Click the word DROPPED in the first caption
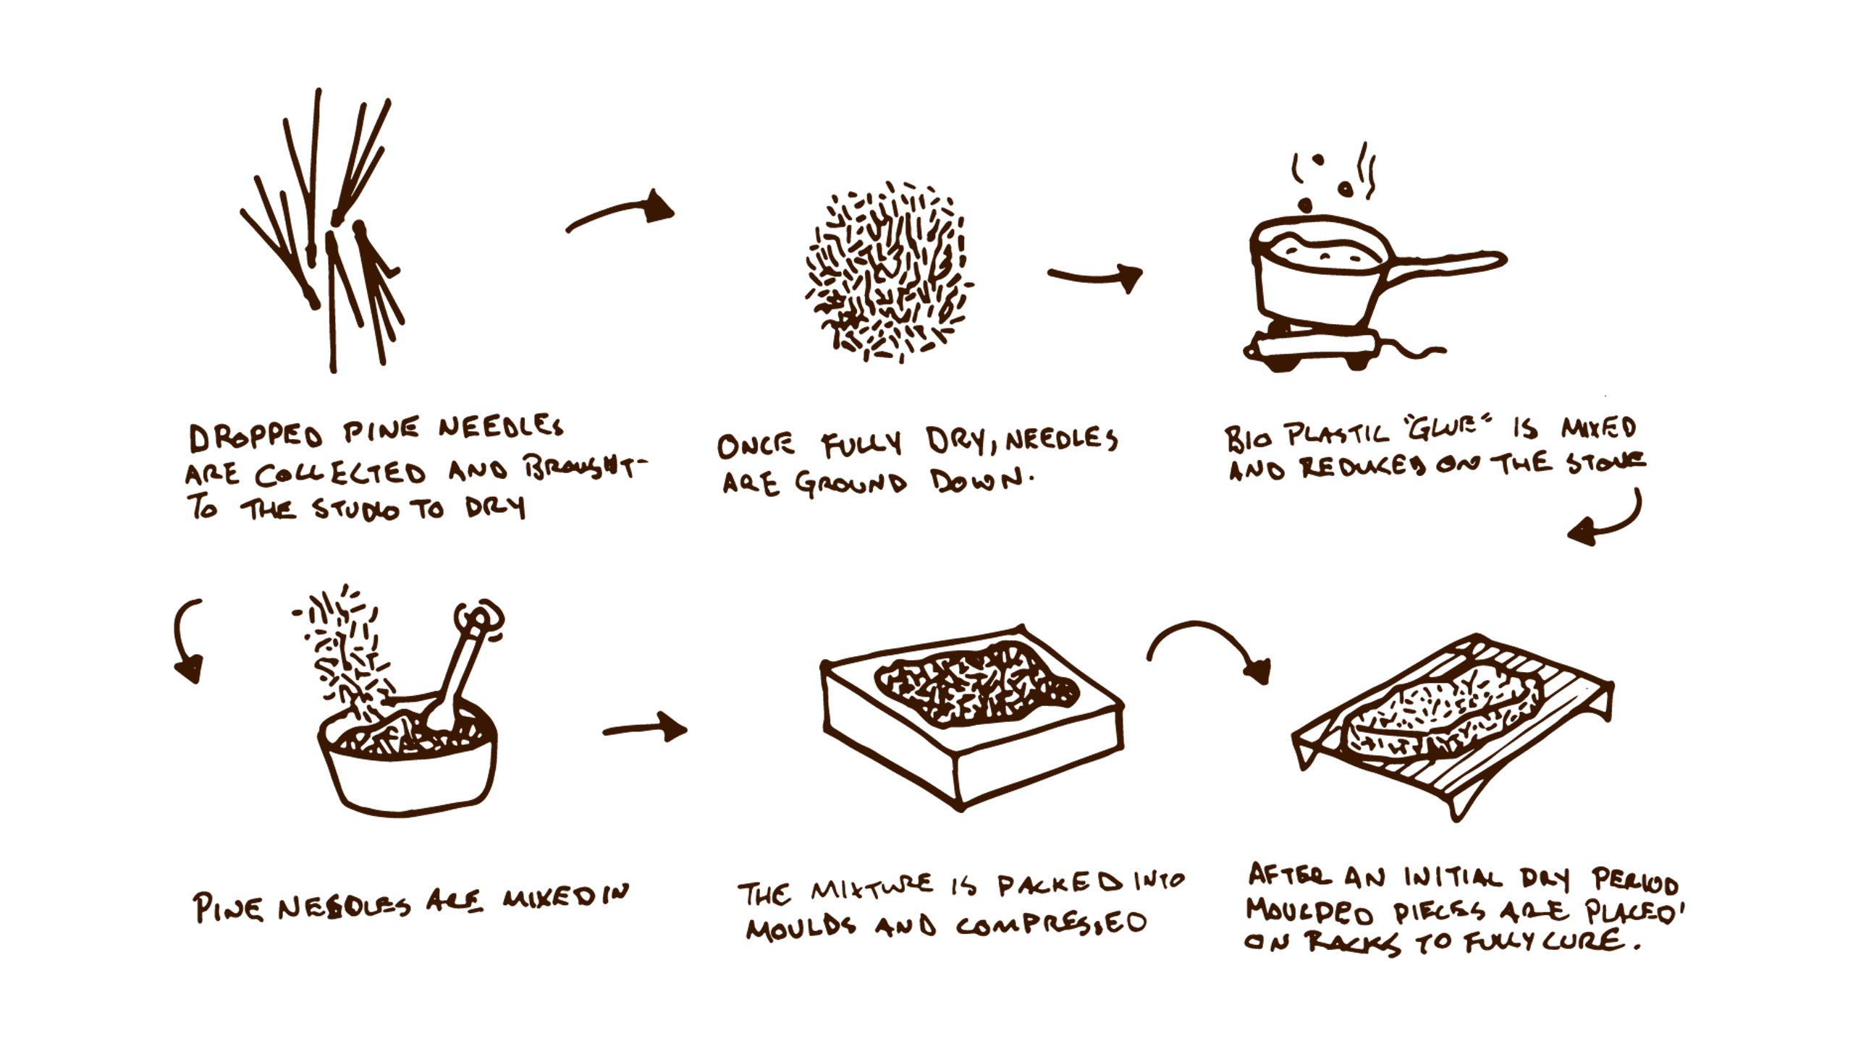tap(255, 435)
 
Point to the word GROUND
tap(850, 483)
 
